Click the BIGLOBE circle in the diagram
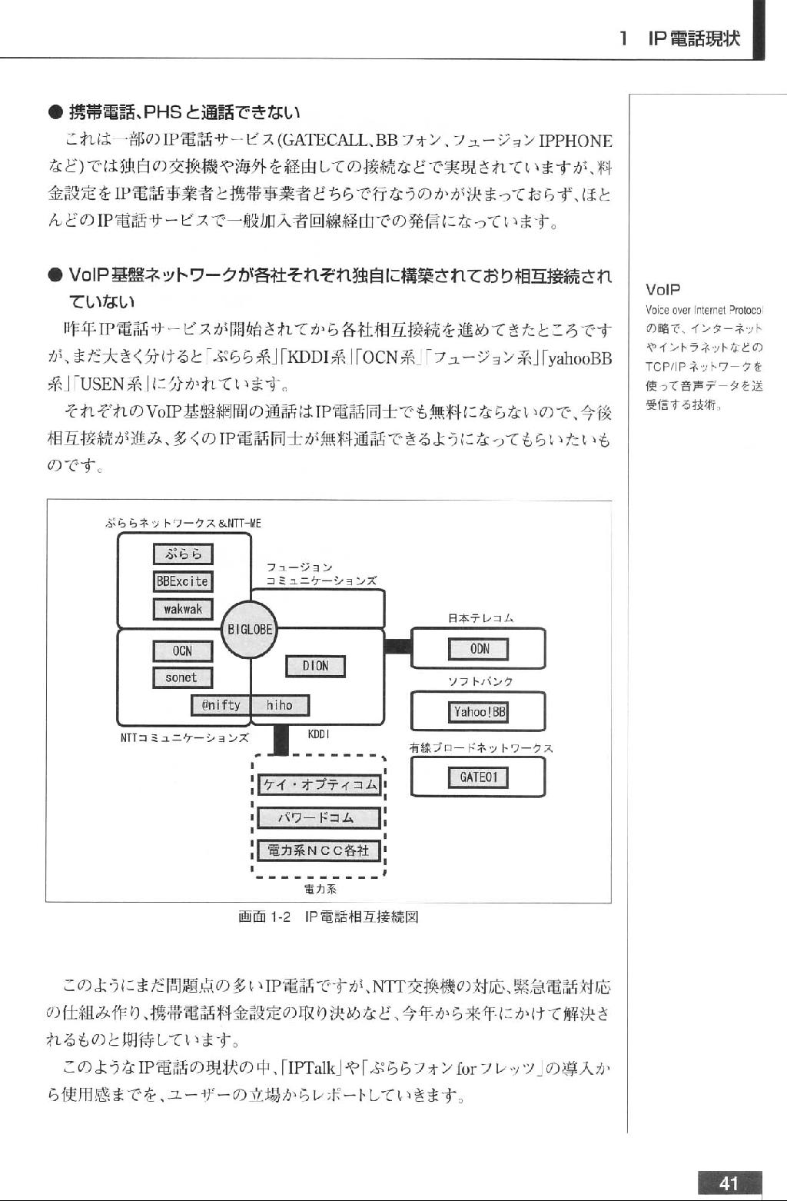pos(249,630)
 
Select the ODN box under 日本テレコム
pos(479,649)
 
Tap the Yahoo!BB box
pos(479,712)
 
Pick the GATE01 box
pos(479,777)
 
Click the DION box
pos(315,666)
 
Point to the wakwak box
pos(183,609)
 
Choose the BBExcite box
pos(183,581)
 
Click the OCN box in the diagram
pos(183,651)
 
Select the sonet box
pos(183,677)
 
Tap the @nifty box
pos(221,705)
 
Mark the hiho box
pos(280,705)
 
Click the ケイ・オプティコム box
pos(319,785)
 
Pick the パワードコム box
pos(319,817)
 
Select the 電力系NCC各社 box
pos(319,850)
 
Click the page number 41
pos(729,1183)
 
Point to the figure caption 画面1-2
pos(264,917)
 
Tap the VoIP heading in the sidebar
pos(663,290)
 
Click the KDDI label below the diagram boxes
pos(318,734)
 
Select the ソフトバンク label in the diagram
pos(481,681)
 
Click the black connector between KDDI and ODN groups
pos(398,647)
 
